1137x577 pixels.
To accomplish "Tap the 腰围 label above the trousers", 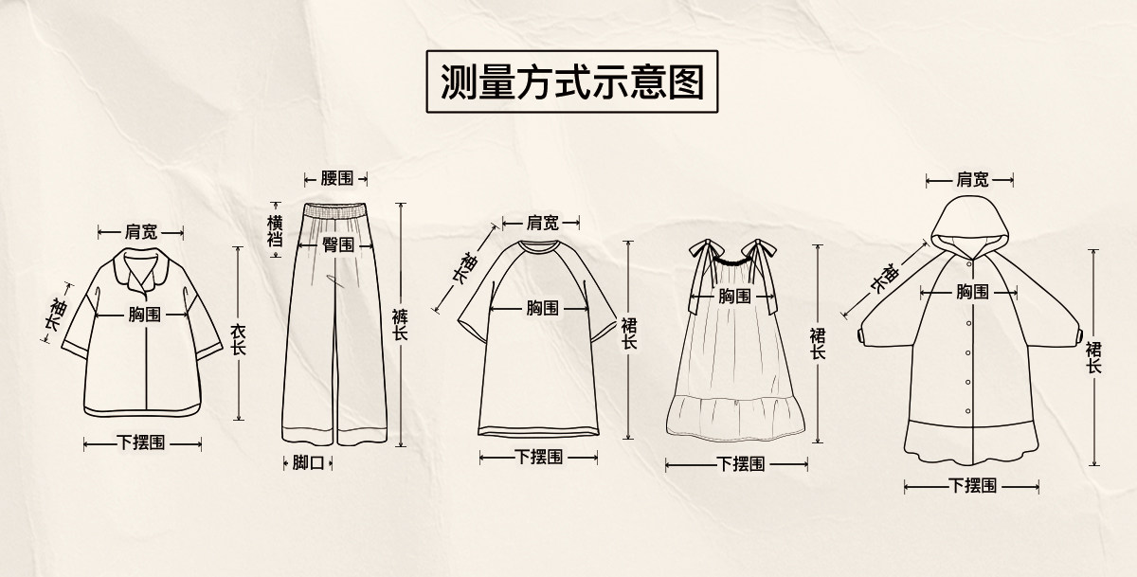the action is [335, 178].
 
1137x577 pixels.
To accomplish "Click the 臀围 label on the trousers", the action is [338, 244].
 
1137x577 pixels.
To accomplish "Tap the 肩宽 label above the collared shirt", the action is [141, 231].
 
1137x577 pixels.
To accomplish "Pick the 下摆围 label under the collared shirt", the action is [141, 442].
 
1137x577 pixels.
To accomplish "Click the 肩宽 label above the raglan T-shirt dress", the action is [542, 223].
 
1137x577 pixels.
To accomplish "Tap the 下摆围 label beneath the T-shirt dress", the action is [539, 457].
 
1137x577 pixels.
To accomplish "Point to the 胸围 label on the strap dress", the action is [734, 296].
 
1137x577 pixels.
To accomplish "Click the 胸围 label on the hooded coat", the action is [972, 291].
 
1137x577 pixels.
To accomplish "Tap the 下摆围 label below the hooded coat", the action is [972, 486].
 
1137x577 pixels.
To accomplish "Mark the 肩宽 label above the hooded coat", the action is [972, 178].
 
